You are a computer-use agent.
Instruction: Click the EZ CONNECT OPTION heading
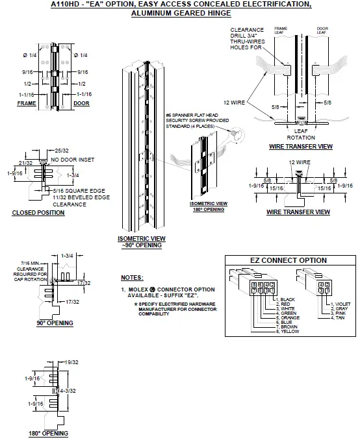pos(289,260)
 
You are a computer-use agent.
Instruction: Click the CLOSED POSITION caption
pos(38,212)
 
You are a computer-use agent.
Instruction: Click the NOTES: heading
pos(132,277)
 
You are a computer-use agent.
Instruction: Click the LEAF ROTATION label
pos(301,134)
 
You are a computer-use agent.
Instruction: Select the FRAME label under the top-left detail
pos(27,103)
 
